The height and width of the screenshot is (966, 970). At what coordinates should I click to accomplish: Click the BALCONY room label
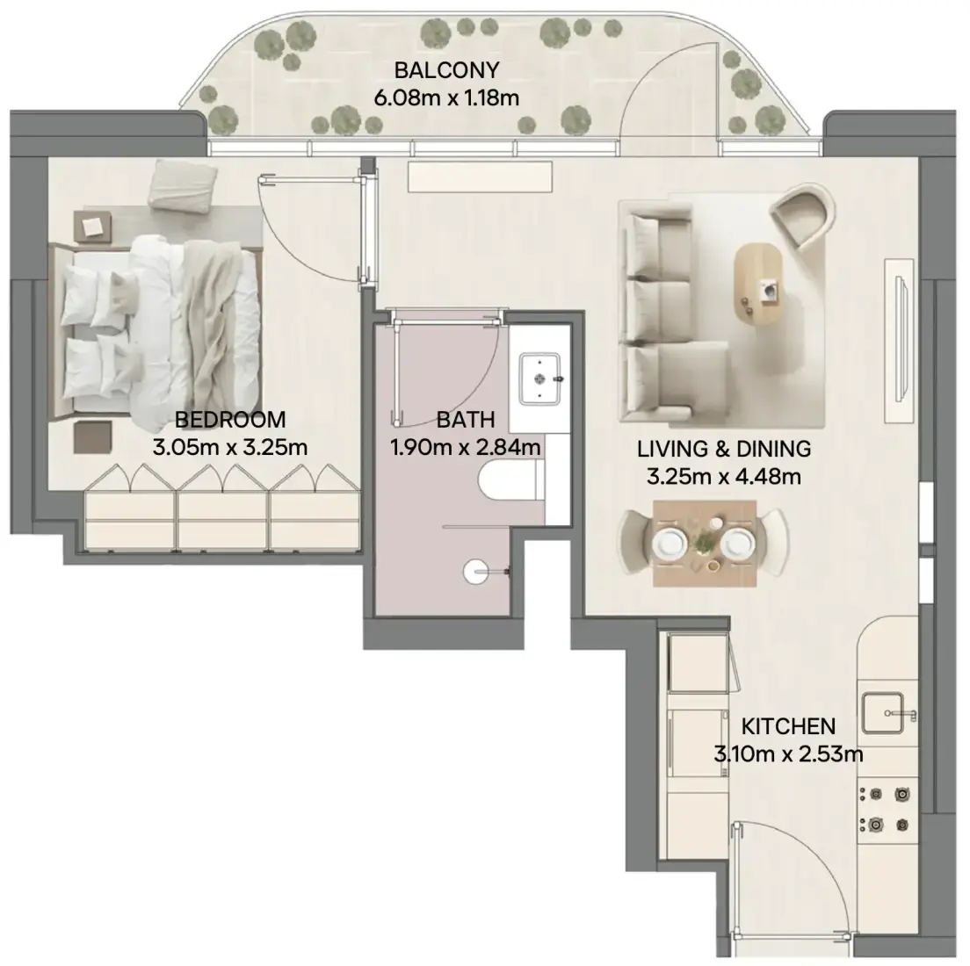[x=446, y=70]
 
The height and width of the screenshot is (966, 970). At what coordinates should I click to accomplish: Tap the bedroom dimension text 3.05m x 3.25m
[x=230, y=447]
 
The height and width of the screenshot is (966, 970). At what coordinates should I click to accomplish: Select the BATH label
[x=466, y=420]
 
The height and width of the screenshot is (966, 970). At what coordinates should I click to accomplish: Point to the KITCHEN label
[x=788, y=726]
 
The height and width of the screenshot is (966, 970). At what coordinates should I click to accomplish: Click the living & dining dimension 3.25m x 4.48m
[x=724, y=477]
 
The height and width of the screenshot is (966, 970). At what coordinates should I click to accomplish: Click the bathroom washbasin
[x=540, y=378]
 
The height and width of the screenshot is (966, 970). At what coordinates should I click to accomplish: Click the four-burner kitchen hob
[x=887, y=810]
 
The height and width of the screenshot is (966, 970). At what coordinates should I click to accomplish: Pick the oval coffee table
[x=758, y=284]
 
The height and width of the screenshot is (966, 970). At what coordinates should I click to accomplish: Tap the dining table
[x=705, y=544]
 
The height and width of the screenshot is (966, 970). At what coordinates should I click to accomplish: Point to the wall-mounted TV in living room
[x=901, y=342]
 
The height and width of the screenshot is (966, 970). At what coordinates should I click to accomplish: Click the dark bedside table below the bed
[x=93, y=437]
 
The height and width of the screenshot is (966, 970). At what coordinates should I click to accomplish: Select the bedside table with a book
[x=93, y=227]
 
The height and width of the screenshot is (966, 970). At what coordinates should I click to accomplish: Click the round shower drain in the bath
[x=475, y=572]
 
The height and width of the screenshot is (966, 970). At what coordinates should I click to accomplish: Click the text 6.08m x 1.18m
[x=446, y=98]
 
